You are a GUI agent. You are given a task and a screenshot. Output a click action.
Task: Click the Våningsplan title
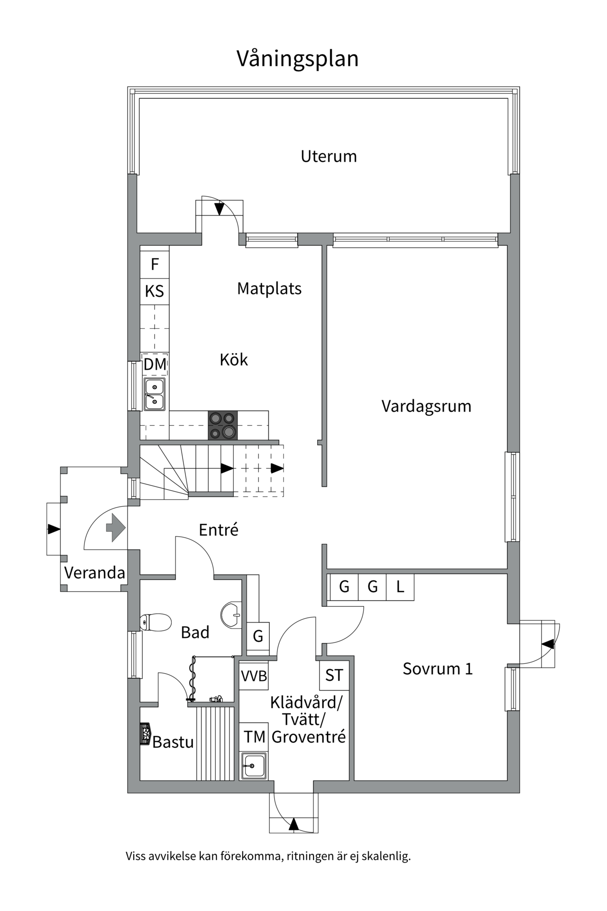(x=297, y=59)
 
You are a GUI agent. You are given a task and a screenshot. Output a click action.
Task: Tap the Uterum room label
(x=329, y=156)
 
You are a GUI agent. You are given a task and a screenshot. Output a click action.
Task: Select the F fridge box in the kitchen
(x=155, y=264)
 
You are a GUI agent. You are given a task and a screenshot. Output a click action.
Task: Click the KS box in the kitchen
(x=155, y=291)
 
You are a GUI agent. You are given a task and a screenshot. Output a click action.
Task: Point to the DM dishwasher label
(x=155, y=364)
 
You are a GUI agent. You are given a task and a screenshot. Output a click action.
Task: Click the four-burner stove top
(x=223, y=425)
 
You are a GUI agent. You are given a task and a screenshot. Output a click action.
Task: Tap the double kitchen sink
(x=155, y=394)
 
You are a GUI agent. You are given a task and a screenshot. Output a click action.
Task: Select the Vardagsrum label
(x=426, y=406)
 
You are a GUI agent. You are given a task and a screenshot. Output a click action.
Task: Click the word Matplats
(x=269, y=288)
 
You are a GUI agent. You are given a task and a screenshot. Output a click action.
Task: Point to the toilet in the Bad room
(x=156, y=623)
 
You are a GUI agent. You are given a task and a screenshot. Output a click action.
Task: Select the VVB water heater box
(x=254, y=676)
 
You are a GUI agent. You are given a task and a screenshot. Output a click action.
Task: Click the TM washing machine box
(x=254, y=737)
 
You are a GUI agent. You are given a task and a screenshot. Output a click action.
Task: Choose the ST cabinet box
(x=334, y=675)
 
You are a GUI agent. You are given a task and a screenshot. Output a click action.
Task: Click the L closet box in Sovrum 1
(x=400, y=587)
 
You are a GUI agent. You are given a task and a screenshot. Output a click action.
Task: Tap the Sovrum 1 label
(x=437, y=669)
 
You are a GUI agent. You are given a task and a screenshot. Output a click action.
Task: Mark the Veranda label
(x=94, y=573)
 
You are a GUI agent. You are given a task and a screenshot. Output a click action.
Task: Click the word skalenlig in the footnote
(x=386, y=856)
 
